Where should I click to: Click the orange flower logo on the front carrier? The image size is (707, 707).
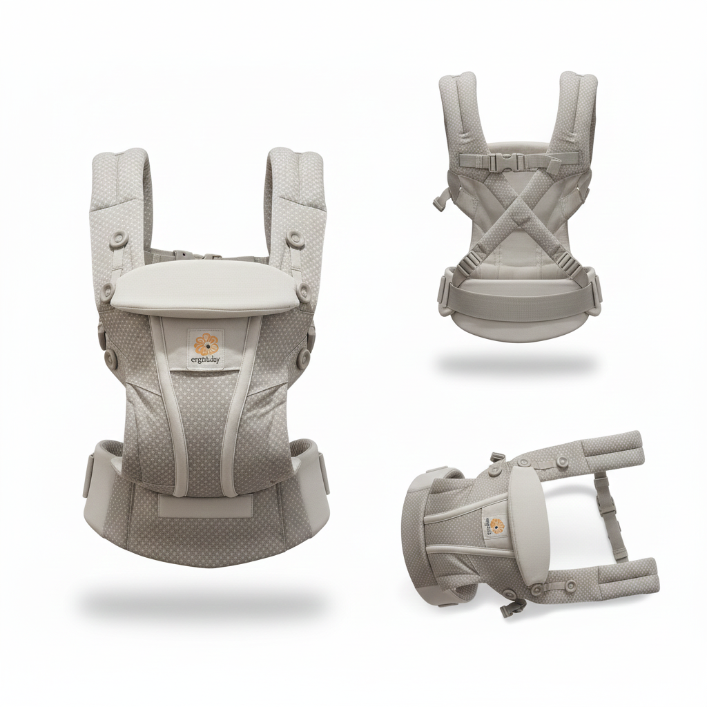click(x=205, y=343)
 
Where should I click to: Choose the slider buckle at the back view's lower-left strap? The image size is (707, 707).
click(x=472, y=263)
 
